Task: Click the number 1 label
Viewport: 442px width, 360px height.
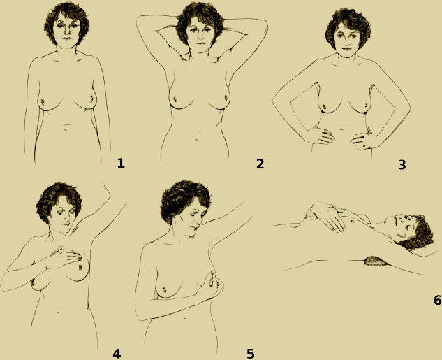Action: click(x=121, y=164)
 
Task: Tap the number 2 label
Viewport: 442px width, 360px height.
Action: click(x=260, y=164)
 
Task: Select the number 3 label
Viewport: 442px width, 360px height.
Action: click(x=402, y=165)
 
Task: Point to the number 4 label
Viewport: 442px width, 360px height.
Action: click(x=117, y=354)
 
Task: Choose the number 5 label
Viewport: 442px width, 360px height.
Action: click(x=251, y=354)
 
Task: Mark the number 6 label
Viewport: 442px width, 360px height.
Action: click(x=438, y=301)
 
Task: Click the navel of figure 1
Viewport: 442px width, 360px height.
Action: click(x=66, y=130)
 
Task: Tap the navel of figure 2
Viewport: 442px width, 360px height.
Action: click(x=196, y=139)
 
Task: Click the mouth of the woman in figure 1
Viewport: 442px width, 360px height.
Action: click(x=67, y=38)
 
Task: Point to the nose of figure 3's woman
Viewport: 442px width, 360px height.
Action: click(x=346, y=41)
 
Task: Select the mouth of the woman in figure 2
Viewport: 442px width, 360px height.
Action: click(x=200, y=43)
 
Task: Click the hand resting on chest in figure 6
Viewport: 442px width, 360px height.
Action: click(x=328, y=216)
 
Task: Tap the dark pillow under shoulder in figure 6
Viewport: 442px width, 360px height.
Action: click(x=376, y=261)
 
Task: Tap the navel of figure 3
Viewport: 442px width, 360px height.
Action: click(x=341, y=129)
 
